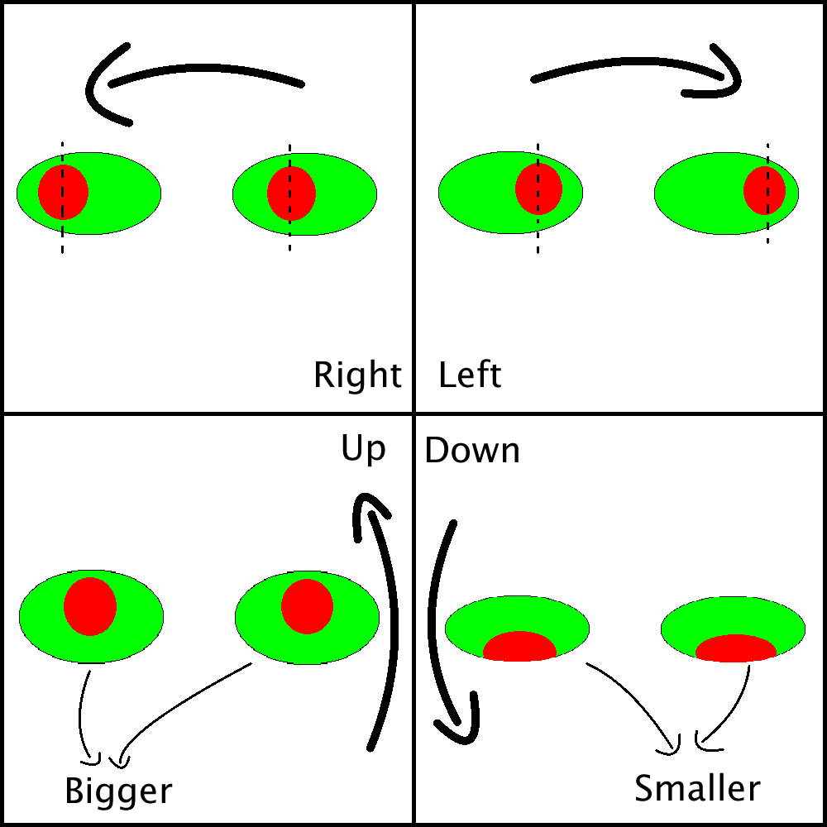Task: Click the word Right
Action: click(x=357, y=375)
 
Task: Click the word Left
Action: click(x=470, y=375)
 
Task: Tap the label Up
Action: click(x=363, y=449)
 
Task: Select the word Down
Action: click(x=471, y=451)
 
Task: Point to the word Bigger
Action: click(x=118, y=791)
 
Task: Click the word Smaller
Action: click(x=696, y=788)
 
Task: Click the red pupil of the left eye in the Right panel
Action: click(x=63, y=192)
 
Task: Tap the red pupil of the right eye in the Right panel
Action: click(x=291, y=193)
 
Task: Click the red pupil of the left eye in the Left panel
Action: click(x=538, y=189)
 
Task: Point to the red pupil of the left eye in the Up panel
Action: click(x=90, y=606)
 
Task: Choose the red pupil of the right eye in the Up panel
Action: click(x=307, y=606)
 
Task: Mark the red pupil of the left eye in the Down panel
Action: click(x=519, y=647)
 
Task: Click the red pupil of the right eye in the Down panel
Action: click(x=735, y=648)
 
